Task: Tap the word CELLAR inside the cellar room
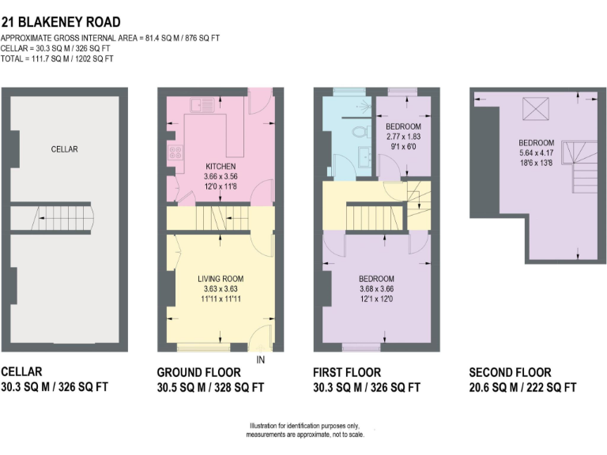tap(65, 149)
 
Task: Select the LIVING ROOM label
tap(221, 279)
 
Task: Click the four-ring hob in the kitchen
tap(173, 154)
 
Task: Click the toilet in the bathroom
tap(360, 132)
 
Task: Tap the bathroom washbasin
tap(364, 158)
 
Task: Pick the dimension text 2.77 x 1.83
tap(403, 136)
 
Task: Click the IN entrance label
tap(262, 360)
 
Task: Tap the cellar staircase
tap(64, 216)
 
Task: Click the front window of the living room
tap(198, 348)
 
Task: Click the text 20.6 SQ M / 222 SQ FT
tap(522, 387)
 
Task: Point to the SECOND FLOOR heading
tap(510, 373)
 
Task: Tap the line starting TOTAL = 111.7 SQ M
tap(57, 59)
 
